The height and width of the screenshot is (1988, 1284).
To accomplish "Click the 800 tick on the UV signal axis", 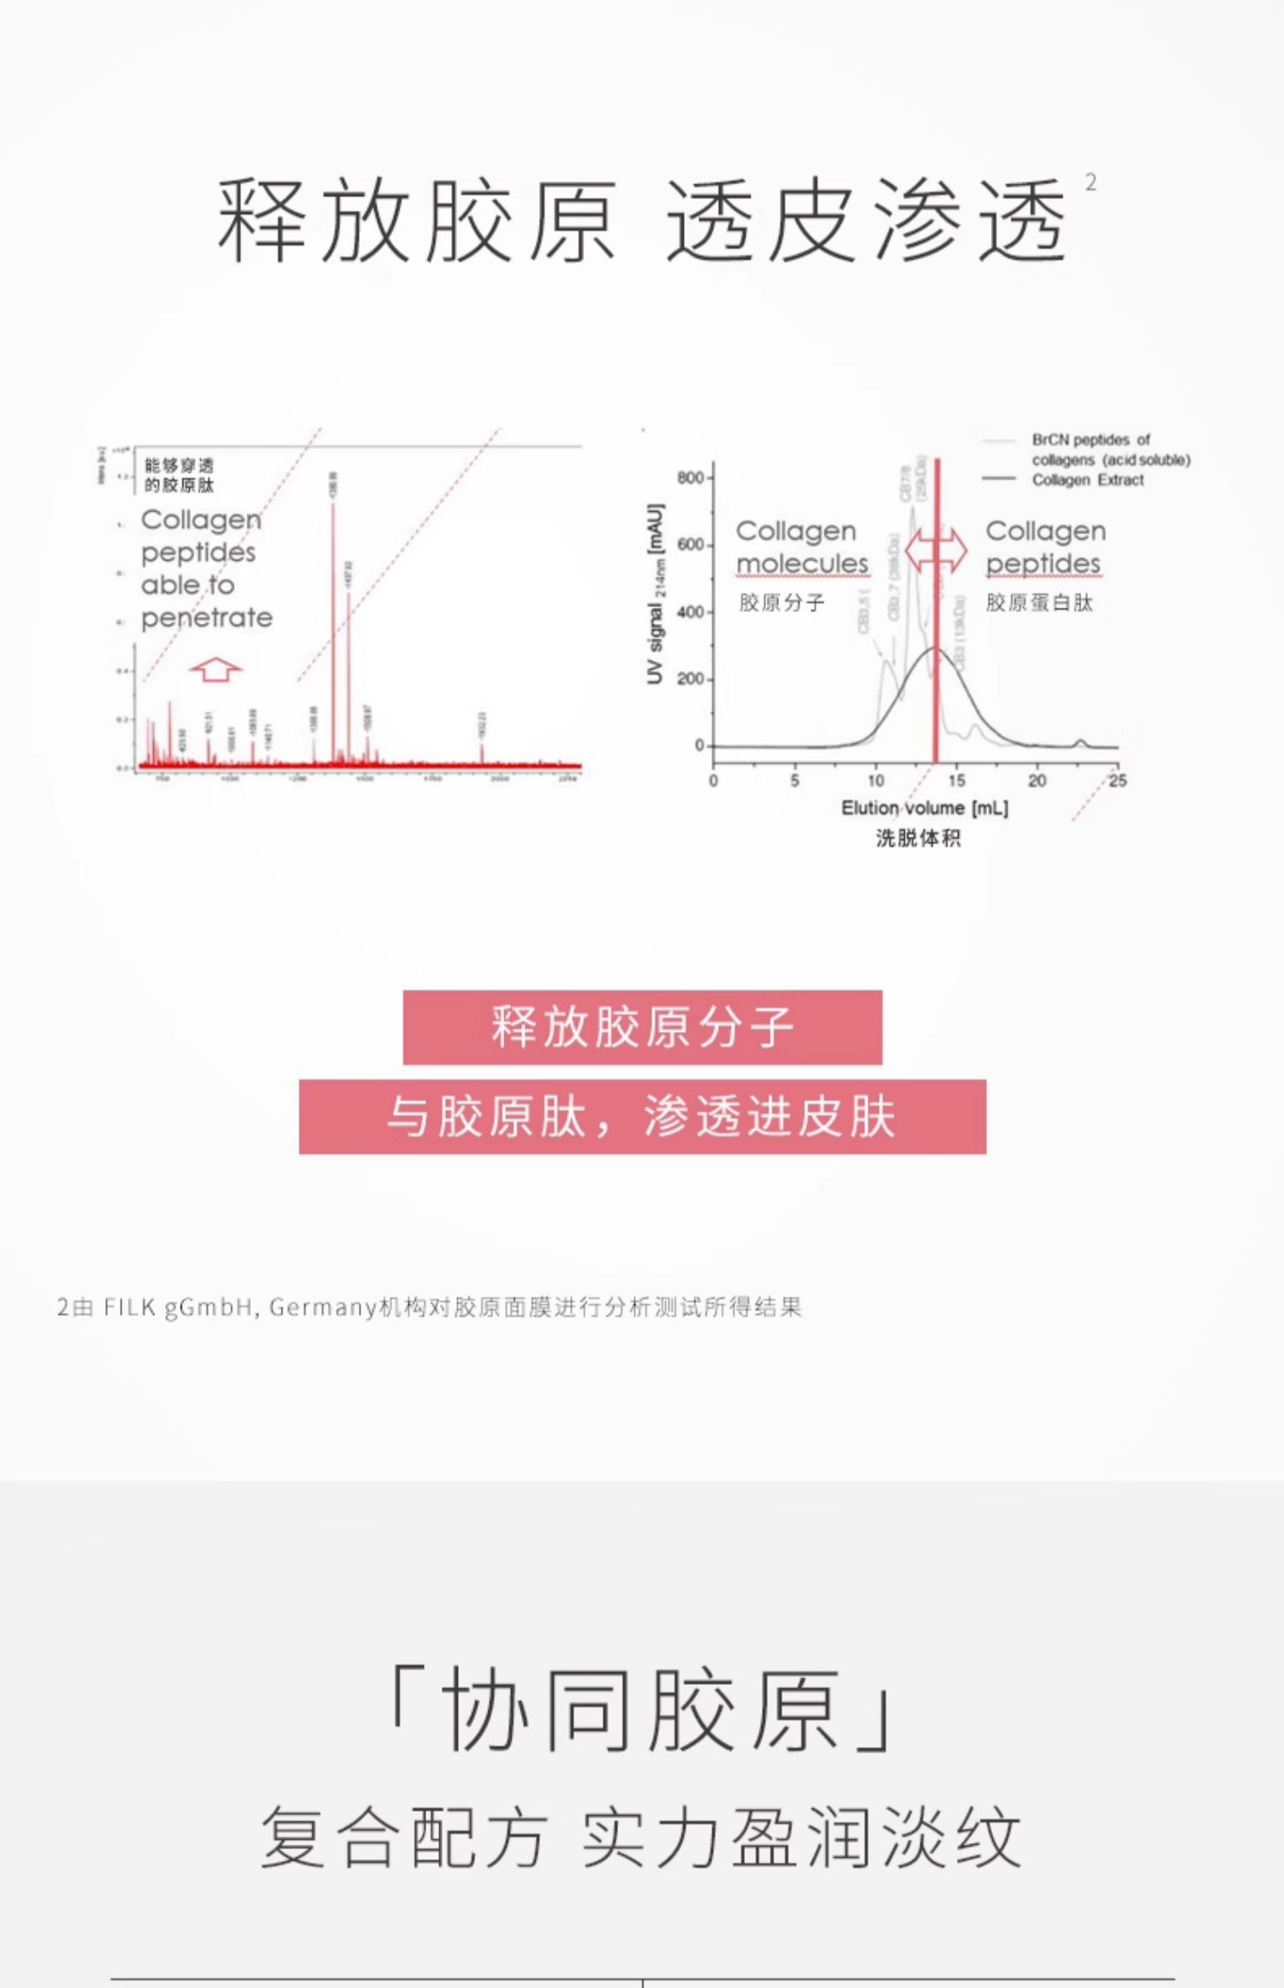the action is [x=690, y=477].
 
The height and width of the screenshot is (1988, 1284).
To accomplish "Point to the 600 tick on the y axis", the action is [x=690, y=545].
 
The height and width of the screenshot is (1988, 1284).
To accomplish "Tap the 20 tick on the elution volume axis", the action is [x=1037, y=780].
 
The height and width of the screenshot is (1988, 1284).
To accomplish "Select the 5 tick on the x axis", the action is [x=794, y=780].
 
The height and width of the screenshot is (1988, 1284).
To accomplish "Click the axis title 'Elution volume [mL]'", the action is [x=924, y=807].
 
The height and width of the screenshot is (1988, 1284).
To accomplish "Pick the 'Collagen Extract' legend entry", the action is [x=1087, y=479].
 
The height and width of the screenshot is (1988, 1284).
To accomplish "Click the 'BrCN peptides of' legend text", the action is [x=1091, y=440].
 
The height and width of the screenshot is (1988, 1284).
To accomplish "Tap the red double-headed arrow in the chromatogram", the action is [x=936, y=550].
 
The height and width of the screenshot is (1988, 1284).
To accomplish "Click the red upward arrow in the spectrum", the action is [x=216, y=669].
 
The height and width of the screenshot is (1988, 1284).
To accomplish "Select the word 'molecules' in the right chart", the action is [x=802, y=563].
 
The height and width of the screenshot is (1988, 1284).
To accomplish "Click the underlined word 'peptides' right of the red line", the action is [x=1043, y=563].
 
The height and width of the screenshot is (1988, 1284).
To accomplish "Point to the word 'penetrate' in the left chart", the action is [x=206, y=617].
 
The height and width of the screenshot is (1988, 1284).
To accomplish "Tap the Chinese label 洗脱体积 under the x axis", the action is [x=918, y=837].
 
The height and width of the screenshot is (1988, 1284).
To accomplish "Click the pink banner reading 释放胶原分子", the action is [x=642, y=1027].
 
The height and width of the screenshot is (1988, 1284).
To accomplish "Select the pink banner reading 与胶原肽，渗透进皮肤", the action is [x=642, y=1116].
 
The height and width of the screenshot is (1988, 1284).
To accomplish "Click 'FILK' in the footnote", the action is [x=130, y=1307].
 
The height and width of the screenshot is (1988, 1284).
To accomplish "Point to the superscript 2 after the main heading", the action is [x=1091, y=182].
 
